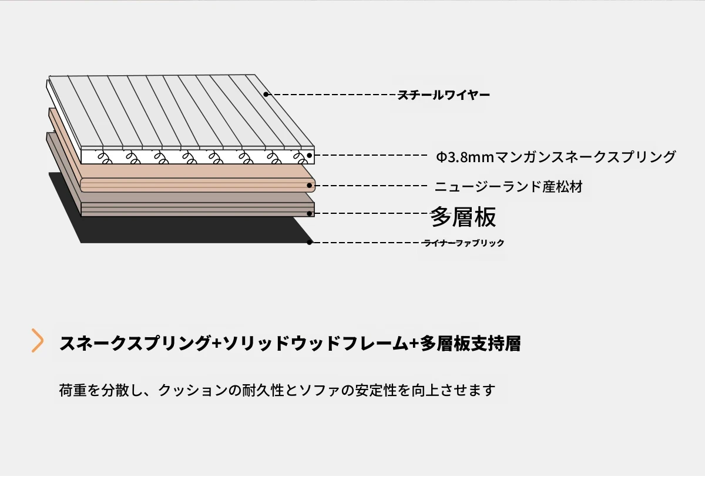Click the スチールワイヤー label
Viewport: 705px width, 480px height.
coord(444,95)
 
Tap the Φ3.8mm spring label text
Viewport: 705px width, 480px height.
coord(556,156)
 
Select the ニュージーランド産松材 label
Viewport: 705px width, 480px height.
coord(509,187)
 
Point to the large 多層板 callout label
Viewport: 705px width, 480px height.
coord(463,217)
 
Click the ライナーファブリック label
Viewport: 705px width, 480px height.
coord(464,243)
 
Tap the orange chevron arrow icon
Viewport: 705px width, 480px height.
coord(38,341)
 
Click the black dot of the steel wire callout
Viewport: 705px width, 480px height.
coord(266,94)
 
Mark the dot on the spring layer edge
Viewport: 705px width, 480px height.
coord(310,155)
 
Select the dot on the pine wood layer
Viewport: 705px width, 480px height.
coord(310,186)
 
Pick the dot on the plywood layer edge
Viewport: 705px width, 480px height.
coord(310,213)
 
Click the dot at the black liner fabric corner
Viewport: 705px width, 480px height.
coord(310,242)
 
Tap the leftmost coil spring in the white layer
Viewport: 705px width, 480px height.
coord(105,158)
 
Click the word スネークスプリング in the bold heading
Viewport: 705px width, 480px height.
coord(135,343)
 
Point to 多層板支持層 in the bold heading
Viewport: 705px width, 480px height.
coord(470,343)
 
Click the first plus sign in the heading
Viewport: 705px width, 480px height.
coord(217,343)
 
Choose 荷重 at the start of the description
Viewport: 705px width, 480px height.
coord(73,390)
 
